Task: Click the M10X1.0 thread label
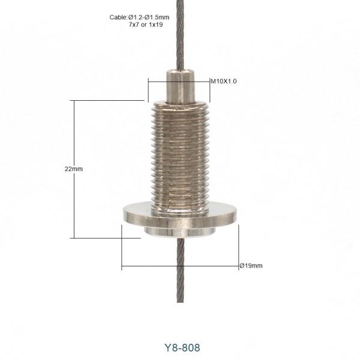pyautogui.click(x=223, y=81)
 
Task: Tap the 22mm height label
pyautogui.click(x=73, y=169)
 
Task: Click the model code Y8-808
pyautogui.click(x=180, y=347)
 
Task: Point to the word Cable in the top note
pyautogui.click(x=118, y=17)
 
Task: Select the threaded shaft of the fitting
pyautogui.click(x=180, y=156)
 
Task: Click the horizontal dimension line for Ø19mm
pyautogui.click(x=180, y=265)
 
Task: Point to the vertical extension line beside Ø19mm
pyautogui.click(x=238, y=246)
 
